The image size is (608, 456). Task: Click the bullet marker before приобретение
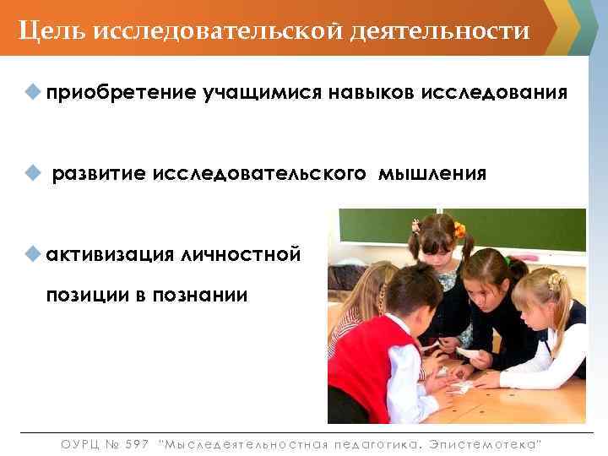click(34, 90)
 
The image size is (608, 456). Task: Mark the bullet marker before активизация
click(34, 253)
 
